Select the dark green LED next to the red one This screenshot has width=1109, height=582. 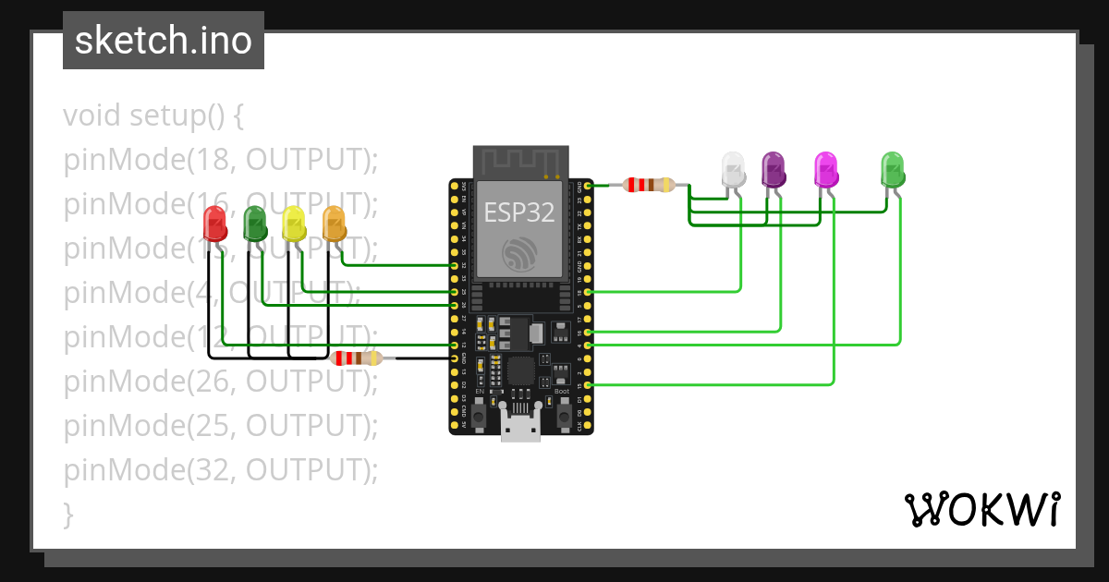tap(254, 224)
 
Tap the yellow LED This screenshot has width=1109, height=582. tap(294, 224)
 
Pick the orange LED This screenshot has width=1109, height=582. tap(334, 224)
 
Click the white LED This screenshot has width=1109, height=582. tap(733, 169)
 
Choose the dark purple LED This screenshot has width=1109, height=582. tap(773, 169)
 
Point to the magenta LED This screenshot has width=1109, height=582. tap(826, 169)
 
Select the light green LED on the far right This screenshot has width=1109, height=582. tap(892, 169)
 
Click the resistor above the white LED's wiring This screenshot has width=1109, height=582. tap(650, 185)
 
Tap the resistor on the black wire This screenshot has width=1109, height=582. tap(356, 358)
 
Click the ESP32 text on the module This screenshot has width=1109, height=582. tap(520, 213)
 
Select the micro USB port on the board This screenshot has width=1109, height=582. tap(520, 426)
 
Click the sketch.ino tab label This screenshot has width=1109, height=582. tap(164, 41)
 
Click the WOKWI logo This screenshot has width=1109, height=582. tap(981, 509)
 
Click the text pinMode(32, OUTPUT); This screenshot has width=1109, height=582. tap(221, 470)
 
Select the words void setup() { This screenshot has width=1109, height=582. tap(153, 116)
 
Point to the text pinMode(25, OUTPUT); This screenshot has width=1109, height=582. tap(221, 426)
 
